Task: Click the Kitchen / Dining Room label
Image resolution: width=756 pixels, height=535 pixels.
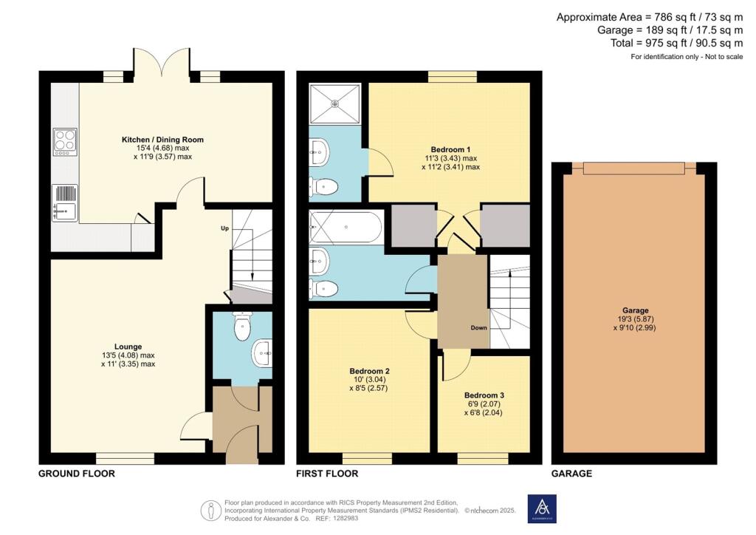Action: (162, 140)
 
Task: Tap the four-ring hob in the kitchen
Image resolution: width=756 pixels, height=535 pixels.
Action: (65, 143)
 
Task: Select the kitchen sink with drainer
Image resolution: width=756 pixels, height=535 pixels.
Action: (65, 203)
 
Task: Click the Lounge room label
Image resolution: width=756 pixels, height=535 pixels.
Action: (128, 347)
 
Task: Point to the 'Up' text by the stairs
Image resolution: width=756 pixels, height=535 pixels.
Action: (224, 228)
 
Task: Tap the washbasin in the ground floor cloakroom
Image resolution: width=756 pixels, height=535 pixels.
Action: (262, 354)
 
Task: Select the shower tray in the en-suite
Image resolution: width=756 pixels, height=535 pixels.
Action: (335, 103)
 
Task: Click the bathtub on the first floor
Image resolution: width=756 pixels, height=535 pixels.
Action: (346, 227)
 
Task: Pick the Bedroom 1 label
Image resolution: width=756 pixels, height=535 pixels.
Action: (450, 149)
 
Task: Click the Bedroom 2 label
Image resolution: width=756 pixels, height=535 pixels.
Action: (369, 371)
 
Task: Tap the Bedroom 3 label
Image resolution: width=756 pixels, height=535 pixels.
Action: (484, 395)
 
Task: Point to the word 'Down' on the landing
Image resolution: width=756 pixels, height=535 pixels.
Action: (478, 328)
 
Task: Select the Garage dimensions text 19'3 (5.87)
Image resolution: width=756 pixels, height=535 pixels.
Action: (636, 319)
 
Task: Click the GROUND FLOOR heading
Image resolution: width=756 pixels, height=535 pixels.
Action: (77, 474)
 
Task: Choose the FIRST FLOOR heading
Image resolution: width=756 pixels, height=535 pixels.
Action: (327, 474)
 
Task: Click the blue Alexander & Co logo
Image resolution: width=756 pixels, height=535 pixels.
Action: (542, 509)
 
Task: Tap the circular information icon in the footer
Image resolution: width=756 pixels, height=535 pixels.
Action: (210, 511)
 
